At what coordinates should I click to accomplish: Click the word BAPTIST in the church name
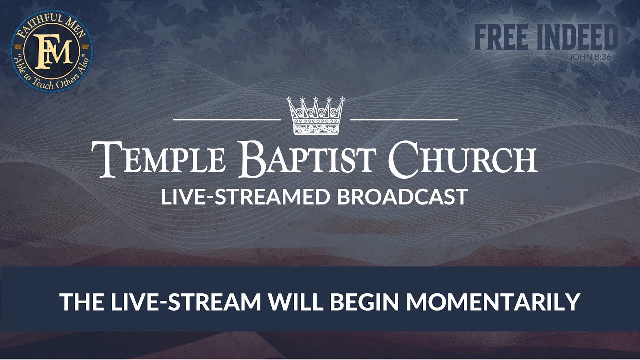[x=307, y=159]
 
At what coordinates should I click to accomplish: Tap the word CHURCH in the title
[x=463, y=159]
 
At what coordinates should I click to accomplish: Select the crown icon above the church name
[x=315, y=116]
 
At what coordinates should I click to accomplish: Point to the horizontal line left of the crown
[x=227, y=120]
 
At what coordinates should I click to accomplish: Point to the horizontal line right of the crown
[x=404, y=120]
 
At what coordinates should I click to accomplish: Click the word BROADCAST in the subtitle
[x=402, y=197]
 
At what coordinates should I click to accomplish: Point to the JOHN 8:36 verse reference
[x=590, y=56]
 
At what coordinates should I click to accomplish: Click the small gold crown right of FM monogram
[x=84, y=45]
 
